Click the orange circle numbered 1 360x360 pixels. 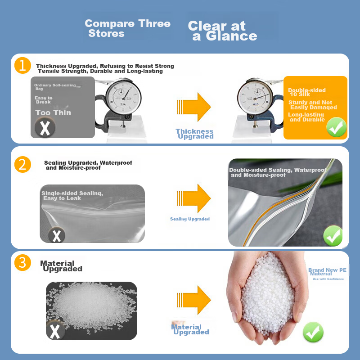[22, 65]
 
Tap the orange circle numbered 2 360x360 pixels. [22, 164]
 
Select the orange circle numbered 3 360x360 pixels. [22, 262]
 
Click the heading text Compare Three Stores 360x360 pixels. [127, 28]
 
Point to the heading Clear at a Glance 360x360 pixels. [222, 31]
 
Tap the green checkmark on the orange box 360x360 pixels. [336, 127]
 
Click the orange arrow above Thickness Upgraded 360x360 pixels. [194, 107]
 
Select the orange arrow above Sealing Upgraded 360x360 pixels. [194, 198]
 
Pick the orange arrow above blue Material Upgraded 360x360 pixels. [194, 300]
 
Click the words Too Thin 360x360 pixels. [53, 113]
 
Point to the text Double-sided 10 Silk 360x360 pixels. [307, 92]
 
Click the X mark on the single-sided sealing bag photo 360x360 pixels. [57, 235]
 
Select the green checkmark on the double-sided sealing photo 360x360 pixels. [333, 236]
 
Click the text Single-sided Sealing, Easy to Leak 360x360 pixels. [72, 196]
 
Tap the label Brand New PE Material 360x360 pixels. [327, 272]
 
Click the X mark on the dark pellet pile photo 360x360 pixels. [55, 331]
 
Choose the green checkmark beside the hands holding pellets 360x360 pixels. [313, 332]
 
